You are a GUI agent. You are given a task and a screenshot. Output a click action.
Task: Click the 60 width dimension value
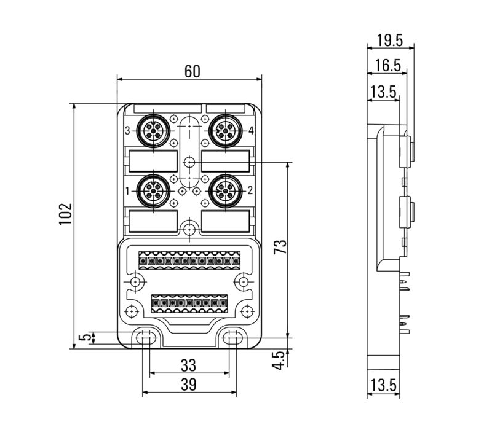coord(192,71)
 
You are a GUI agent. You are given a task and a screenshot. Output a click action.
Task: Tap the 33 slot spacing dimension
coord(188,365)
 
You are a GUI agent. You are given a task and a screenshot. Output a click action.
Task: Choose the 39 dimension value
coord(188,385)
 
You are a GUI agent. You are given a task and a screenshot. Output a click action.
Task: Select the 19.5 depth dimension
coord(390,41)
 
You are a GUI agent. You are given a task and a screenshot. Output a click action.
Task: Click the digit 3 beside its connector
coord(127,131)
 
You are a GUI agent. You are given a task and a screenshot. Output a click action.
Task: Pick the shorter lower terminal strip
coord(189,302)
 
